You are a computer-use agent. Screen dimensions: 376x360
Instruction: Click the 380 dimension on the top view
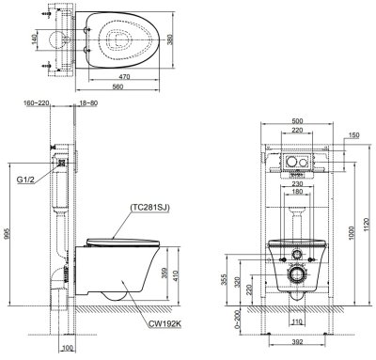(170, 39)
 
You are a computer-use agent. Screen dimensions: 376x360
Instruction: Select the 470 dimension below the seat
(124, 76)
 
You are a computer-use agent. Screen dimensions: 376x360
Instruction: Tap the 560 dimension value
(118, 86)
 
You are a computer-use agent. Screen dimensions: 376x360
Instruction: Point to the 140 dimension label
(35, 39)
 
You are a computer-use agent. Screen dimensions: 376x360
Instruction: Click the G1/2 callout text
(24, 180)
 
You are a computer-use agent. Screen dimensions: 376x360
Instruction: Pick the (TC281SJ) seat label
(150, 208)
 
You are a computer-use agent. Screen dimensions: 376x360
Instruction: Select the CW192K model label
(165, 324)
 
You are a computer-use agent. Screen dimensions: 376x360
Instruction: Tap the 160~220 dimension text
(37, 103)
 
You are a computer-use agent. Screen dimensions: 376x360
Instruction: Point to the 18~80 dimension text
(87, 103)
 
